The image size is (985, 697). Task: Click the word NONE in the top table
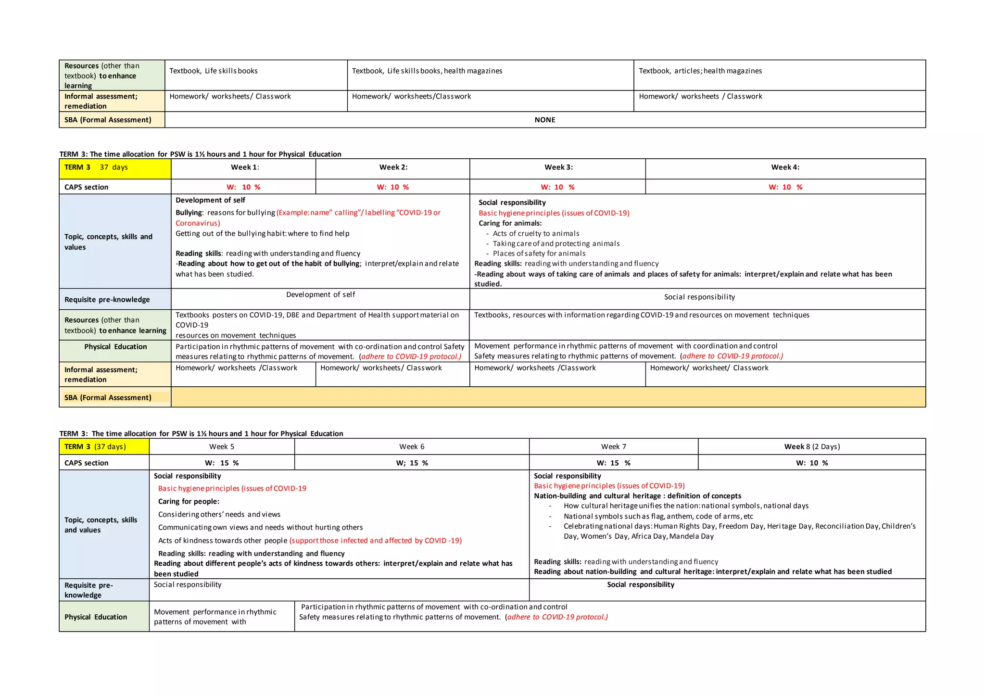point(544,120)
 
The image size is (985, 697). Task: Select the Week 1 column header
point(244,167)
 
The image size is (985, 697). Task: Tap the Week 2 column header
point(393,167)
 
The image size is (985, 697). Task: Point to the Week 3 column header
point(558,167)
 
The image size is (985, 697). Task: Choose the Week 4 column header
point(785,167)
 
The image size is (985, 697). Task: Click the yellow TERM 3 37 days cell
point(96,167)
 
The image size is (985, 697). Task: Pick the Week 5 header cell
point(222,446)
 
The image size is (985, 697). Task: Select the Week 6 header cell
point(412,446)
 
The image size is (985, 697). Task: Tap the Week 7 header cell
point(613,446)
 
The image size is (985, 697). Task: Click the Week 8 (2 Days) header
point(811,446)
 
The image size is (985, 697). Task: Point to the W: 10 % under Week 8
point(811,463)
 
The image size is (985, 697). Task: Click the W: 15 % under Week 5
point(222,463)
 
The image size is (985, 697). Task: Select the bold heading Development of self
point(210,200)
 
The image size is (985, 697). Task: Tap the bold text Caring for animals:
point(510,223)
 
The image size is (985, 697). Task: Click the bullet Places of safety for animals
point(539,253)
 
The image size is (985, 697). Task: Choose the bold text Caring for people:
point(189,501)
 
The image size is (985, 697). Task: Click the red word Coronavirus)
point(198,223)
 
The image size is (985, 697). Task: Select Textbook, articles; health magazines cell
point(700,71)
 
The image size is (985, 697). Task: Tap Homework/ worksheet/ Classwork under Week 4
point(709,368)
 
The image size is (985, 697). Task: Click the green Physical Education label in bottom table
point(96,617)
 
